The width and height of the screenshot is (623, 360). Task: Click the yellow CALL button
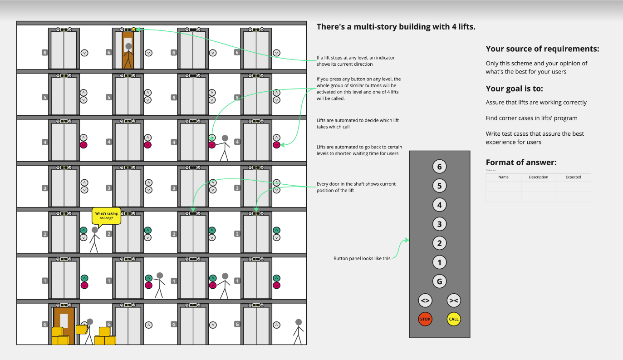(x=454, y=319)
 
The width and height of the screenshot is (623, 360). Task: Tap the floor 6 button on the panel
(x=439, y=167)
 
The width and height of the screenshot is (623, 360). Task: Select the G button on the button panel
(x=439, y=281)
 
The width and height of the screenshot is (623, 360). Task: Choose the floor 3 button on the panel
(x=439, y=224)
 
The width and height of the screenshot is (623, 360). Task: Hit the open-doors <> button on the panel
(x=425, y=301)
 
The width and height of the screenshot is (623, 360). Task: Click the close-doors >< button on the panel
(x=454, y=301)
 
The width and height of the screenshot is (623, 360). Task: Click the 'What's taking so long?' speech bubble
(x=107, y=216)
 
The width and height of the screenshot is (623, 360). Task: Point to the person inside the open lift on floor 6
(x=128, y=54)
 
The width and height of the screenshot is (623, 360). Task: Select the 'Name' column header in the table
(x=503, y=177)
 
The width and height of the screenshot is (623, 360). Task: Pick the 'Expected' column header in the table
(x=573, y=177)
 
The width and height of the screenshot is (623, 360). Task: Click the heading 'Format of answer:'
(x=521, y=163)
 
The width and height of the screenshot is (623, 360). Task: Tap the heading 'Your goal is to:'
(x=514, y=89)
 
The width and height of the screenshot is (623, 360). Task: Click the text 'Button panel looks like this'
(x=362, y=258)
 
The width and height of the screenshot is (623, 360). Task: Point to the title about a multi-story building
(x=396, y=27)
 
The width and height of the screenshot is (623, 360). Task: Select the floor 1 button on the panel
(x=439, y=262)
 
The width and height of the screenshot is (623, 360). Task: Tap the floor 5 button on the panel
(x=439, y=186)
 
